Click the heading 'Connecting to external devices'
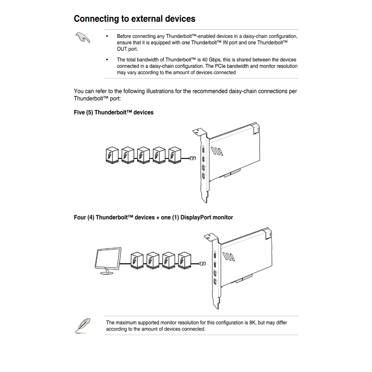pos(134,19)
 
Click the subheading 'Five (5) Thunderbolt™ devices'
pos(113,113)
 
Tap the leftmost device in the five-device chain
pos(112,155)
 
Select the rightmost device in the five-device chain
pos(175,155)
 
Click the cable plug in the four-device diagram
pos(204,263)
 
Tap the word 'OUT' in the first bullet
pos(122,49)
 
